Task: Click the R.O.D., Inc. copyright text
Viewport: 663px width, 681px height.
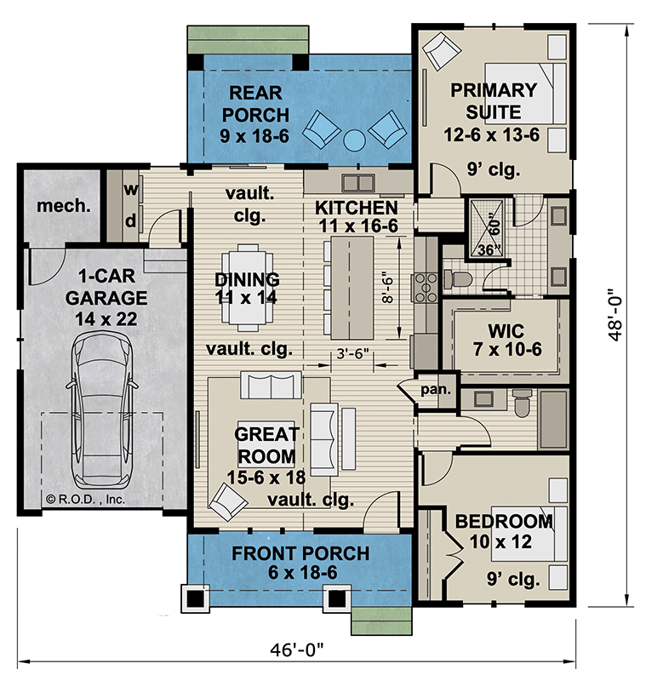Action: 84,501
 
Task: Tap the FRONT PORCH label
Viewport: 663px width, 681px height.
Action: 300,554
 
